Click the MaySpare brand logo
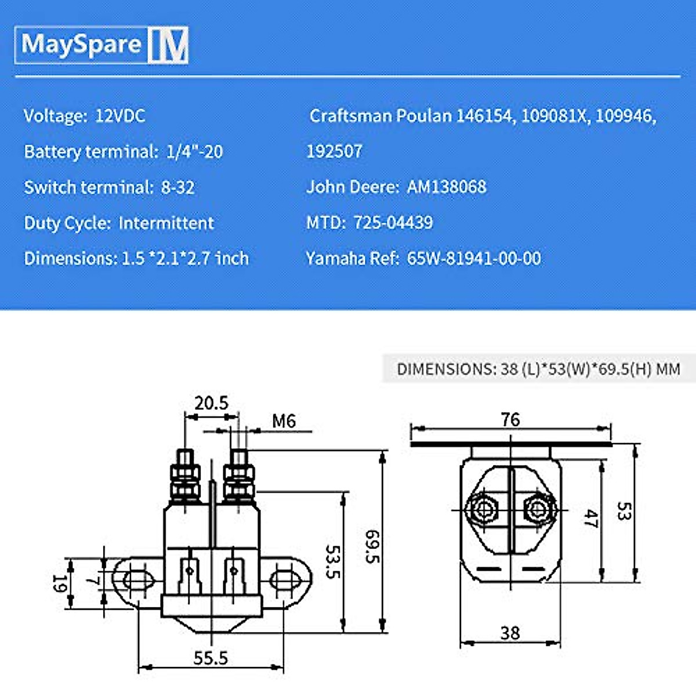coord(101,45)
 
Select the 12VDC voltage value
coord(120,116)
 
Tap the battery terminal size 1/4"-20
coord(194,152)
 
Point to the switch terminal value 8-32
coord(177,188)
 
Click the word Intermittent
coord(166,223)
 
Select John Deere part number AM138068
coord(447,187)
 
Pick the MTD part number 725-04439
coord(393,223)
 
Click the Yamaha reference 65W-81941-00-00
coord(474,258)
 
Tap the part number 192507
coord(334,151)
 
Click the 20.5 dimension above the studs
coord(211,403)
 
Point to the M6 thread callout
coord(284,421)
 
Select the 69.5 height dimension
coord(372,546)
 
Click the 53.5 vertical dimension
coord(333,561)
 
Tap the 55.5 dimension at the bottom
coord(211,658)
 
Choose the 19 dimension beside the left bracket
coord(59,583)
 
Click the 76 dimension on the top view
coord(510,419)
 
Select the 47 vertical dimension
coord(590,518)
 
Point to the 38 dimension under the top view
coord(510,633)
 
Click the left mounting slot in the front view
coord(135,579)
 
